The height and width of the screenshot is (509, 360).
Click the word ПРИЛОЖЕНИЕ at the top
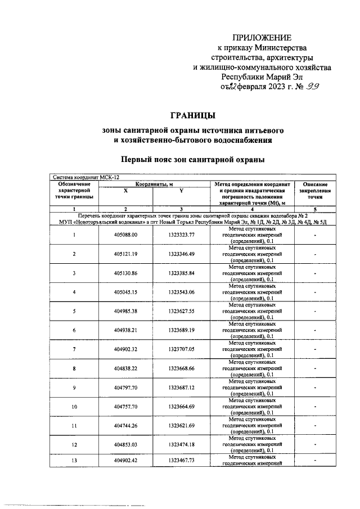pyautogui.click(x=262, y=38)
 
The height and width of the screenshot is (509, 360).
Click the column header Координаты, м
pyautogui.click(x=154, y=184)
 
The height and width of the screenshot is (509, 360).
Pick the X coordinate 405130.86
pyautogui.click(x=126, y=273)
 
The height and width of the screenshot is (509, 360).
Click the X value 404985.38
pyautogui.click(x=126, y=312)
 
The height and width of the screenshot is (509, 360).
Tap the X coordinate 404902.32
pyautogui.click(x=126, y=350)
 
